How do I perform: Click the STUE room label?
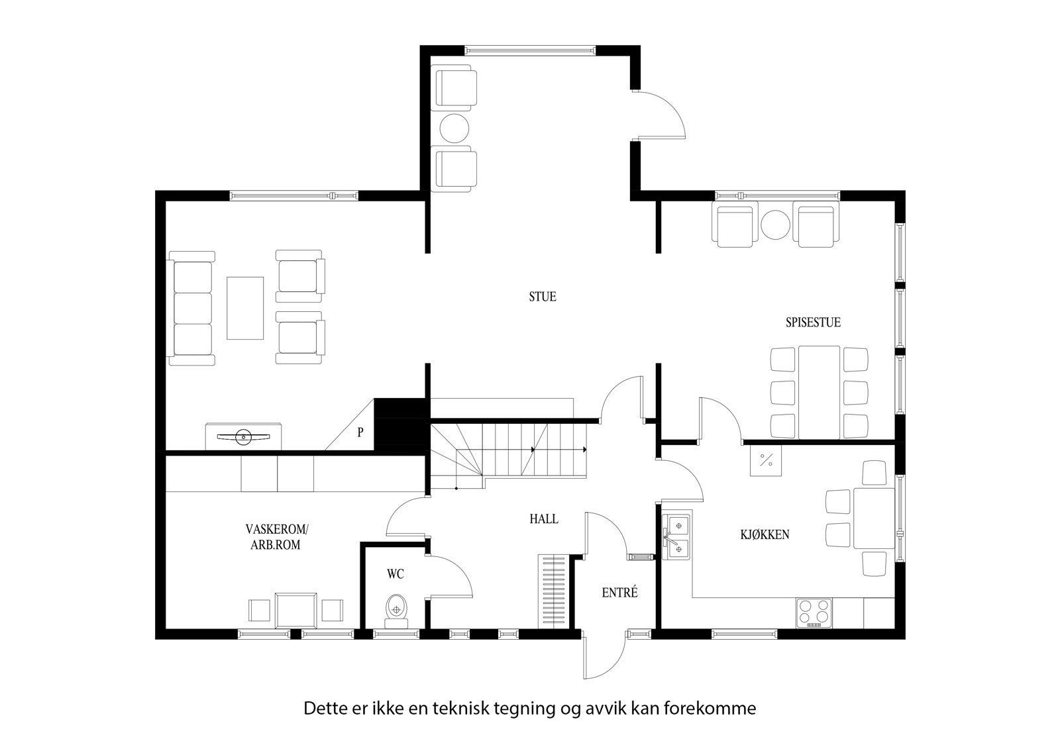(542, 297)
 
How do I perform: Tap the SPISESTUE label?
(813, 323)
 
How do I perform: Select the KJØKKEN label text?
(765, 534)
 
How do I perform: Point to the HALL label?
(543, 519)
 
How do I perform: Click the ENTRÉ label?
(620, 593)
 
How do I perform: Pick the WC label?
(396, 574)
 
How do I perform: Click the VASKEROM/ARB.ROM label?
(276, 537)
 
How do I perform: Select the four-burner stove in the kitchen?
(814, 613)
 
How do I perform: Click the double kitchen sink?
(676, 537)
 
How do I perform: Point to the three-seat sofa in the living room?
(192, 308)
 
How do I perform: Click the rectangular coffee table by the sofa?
(245, 308)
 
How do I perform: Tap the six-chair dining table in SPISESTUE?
(819, 392)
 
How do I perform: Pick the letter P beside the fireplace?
(360, 433)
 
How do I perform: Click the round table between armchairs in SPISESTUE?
(775, 225)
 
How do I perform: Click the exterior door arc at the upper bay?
(662, 116)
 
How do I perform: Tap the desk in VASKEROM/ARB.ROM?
(295, 610)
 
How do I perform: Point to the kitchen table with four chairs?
(873, 518)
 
